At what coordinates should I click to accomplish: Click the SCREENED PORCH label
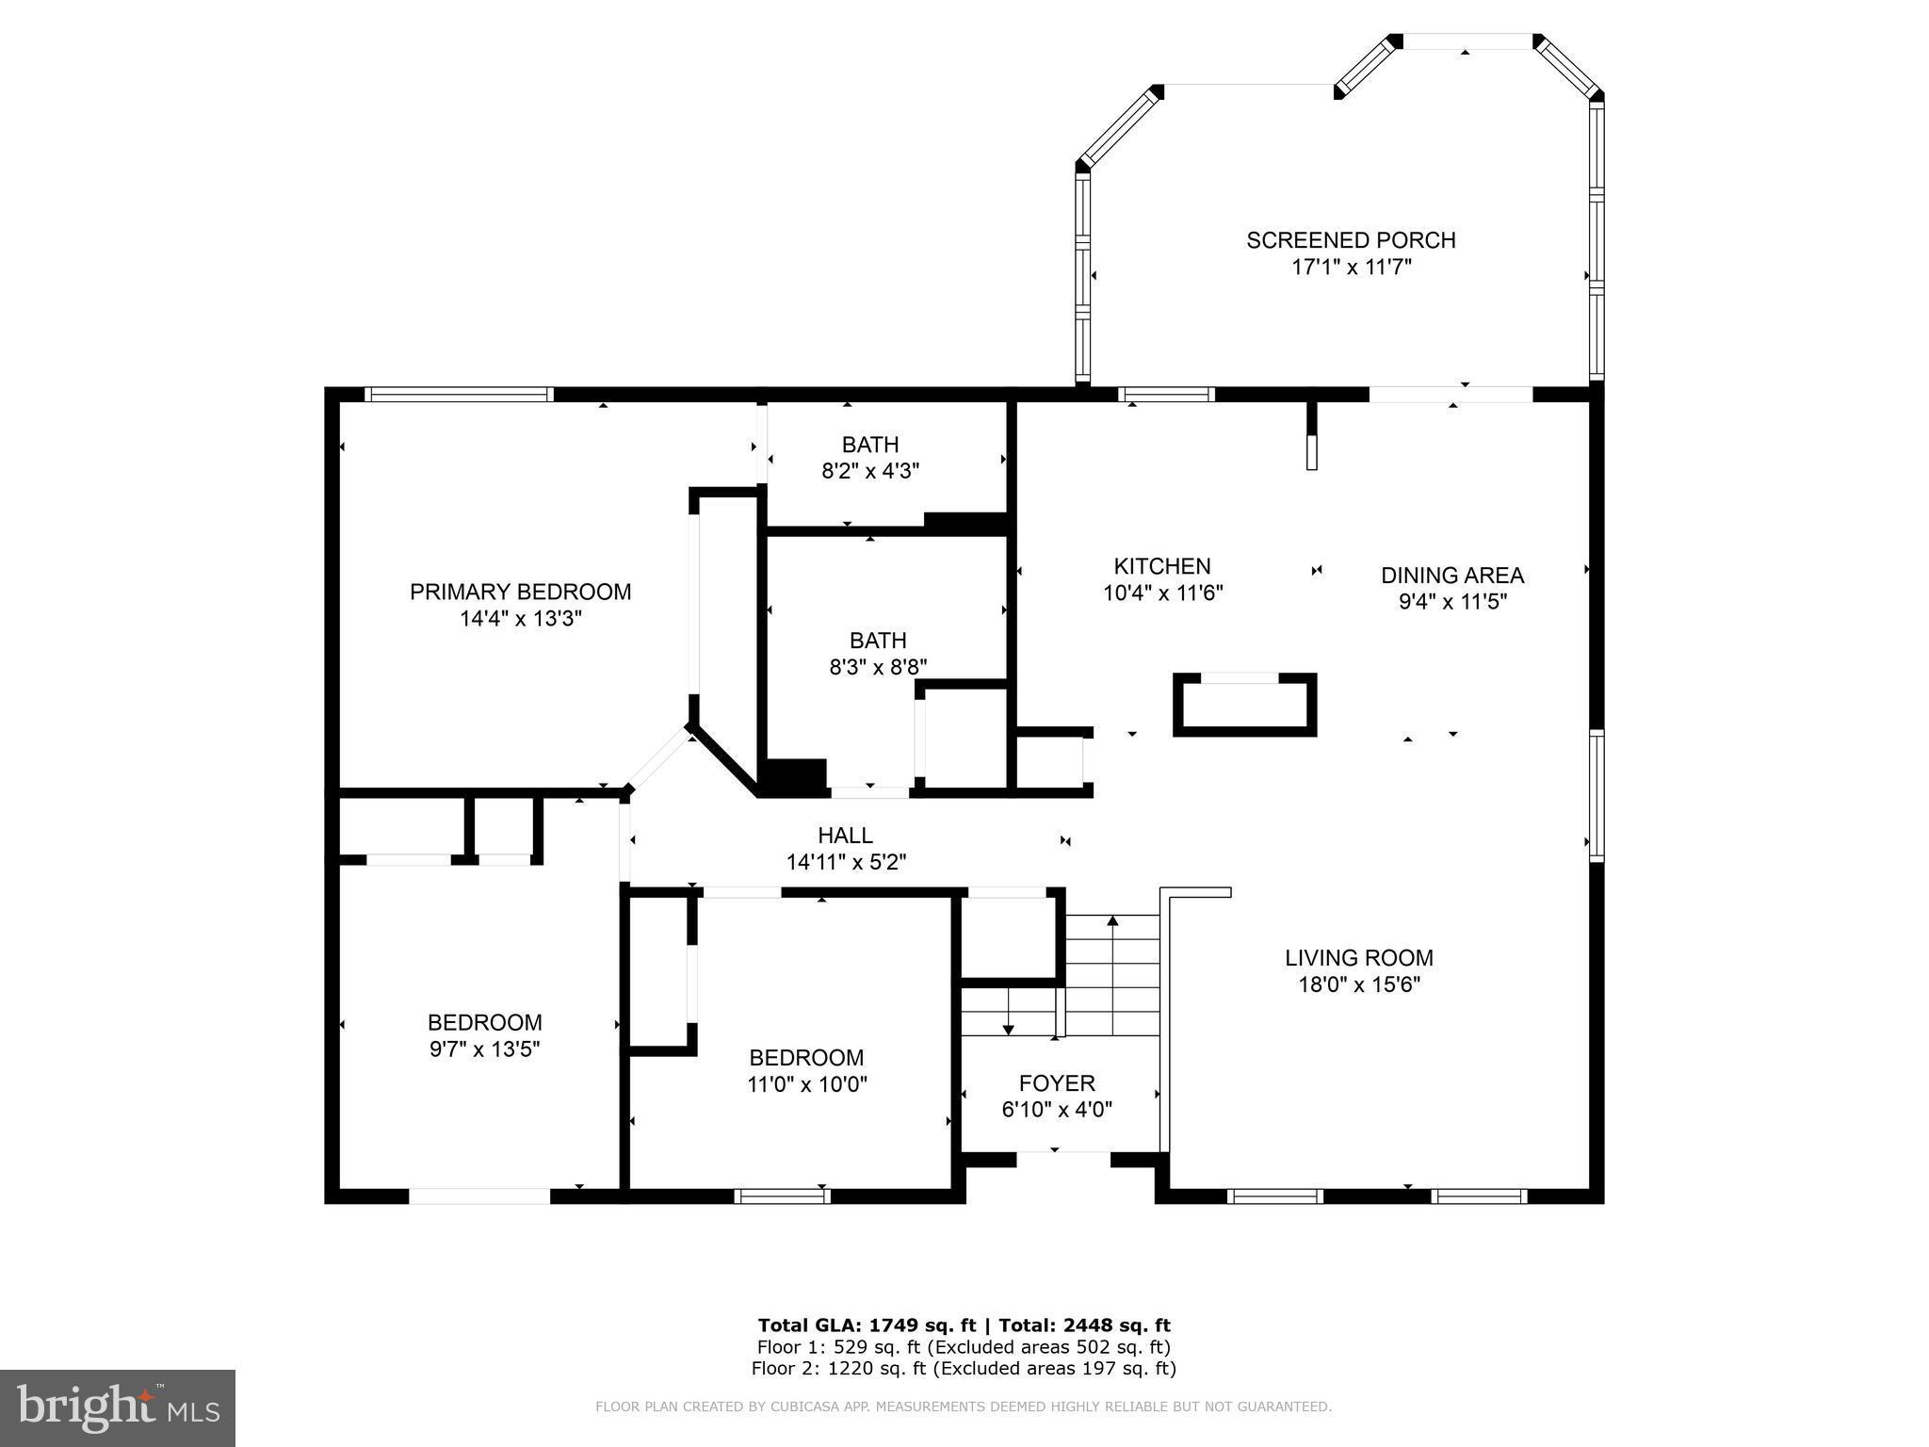pyautogui.click(x=1351, y=240)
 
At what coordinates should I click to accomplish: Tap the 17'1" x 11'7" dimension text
pyautogui.click(x=1351, y=268)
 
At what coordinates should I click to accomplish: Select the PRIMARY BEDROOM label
pyautogui.click(x=520, y=592)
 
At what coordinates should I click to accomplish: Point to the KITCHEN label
pyautogui.click(x=1162, y=566)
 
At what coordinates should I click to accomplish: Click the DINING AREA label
pyautogui.click(x=1451, y=576)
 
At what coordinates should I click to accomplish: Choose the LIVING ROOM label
pyautogui.click(x=1358, y=958)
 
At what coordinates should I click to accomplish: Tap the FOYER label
pyautogui.click(x=1057, y=1083)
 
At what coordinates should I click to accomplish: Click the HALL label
pyautogui.click(x=845, y=836)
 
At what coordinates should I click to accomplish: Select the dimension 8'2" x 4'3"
pyautogui.click(x=870, y=471)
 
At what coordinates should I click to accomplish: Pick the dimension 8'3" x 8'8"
pyautogui.click(x=878, y=667)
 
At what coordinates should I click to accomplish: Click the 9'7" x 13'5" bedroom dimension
pyautogui.click(x=484, y=1049)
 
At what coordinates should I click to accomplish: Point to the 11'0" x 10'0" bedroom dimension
pyautogui.click(x=806, y=1084)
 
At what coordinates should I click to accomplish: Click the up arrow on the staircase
pyautogui.click(x=1112, y=921)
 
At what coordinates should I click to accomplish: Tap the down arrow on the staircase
pyautogui.click(x=1008, y=1027)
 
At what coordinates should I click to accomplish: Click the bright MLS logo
pyautogui.click(x=118, y=1407)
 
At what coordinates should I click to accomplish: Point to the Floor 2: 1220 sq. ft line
pyautogui.click(x=964, y=1369)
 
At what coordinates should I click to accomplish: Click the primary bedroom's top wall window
pyautogui.click(x=459, y=395)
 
